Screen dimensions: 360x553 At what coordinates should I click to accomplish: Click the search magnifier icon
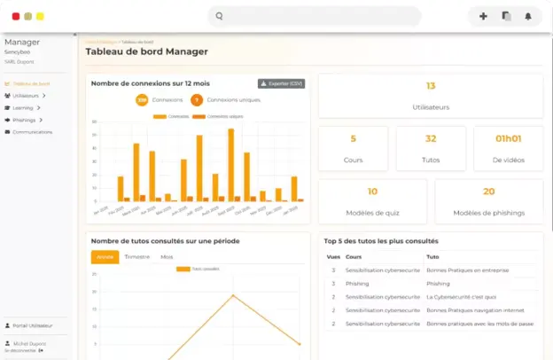click(219, 16)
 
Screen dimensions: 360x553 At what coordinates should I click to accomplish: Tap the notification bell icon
click(528, 16)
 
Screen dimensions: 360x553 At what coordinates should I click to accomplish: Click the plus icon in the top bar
click(483, 16)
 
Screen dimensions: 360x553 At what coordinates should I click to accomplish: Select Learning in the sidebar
click(24, 107)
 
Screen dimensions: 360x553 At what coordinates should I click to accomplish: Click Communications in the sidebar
click(32, 132)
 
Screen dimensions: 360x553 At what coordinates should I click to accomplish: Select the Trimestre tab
click(136, 256)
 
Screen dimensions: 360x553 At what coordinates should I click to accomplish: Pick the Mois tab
click(167, 256)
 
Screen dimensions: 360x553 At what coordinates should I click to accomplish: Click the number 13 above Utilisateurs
click(431, 86)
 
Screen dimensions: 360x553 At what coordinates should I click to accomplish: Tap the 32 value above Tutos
click(431, 138)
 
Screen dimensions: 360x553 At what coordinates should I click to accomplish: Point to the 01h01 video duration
click(509, 138)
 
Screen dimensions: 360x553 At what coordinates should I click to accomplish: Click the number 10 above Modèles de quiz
click(372, 191)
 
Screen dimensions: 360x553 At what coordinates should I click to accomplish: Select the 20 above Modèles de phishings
click(488, 191)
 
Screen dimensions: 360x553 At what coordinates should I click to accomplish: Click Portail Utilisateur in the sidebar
click(35, 325)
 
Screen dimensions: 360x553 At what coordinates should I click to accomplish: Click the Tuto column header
click(432, 256)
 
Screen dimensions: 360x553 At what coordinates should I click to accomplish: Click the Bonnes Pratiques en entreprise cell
click(466, 270)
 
